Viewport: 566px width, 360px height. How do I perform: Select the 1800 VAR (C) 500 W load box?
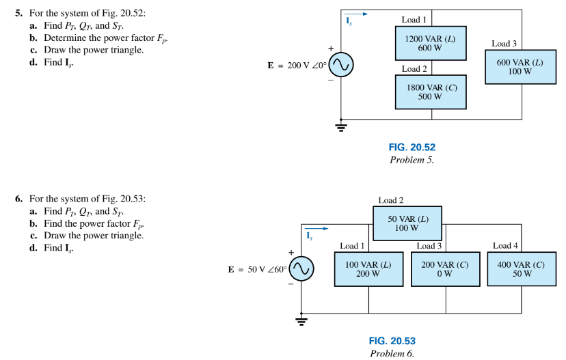click(430, 92)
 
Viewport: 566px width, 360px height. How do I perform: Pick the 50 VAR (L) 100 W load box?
click(407, 222)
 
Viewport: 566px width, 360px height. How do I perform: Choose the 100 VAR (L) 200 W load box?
click(368, 269)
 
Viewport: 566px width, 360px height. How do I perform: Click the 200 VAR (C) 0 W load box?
click(446, 269)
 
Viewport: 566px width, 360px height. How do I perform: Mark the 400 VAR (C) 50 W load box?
click(523, 269)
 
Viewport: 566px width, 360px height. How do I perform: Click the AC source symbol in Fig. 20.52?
click(342, 66)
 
